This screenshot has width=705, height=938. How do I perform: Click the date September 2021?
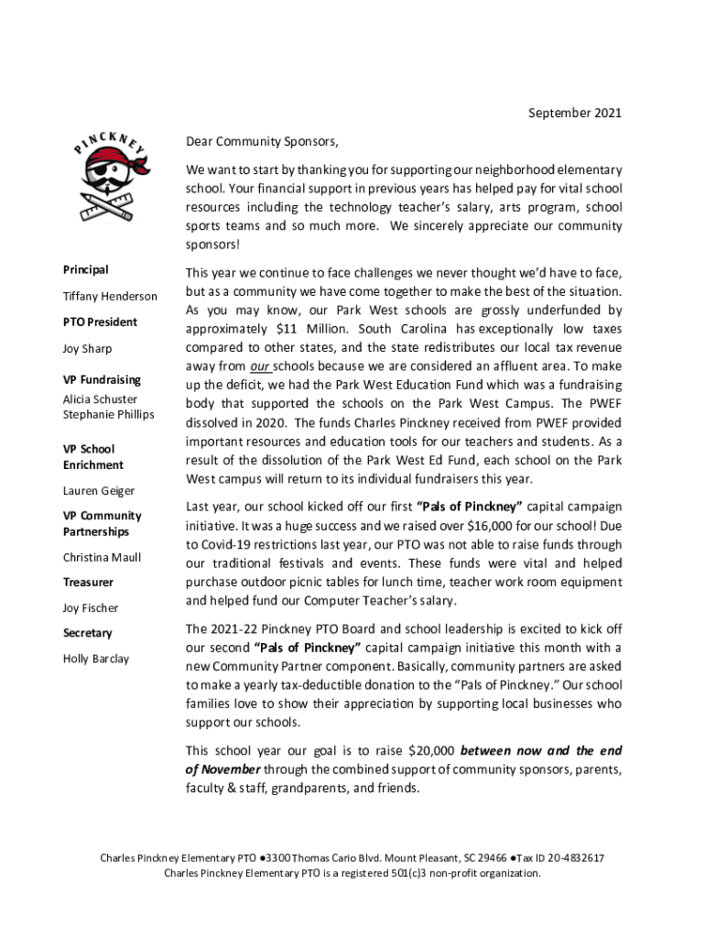575,114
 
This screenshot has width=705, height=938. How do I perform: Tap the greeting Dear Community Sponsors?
262,142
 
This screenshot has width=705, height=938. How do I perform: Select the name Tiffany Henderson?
109,296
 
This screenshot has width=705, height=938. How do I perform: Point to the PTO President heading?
100,322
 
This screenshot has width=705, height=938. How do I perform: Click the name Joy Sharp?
87,349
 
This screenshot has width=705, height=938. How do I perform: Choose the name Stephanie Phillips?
108,414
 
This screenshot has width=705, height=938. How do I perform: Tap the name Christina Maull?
102,557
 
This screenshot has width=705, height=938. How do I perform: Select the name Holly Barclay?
95,659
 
